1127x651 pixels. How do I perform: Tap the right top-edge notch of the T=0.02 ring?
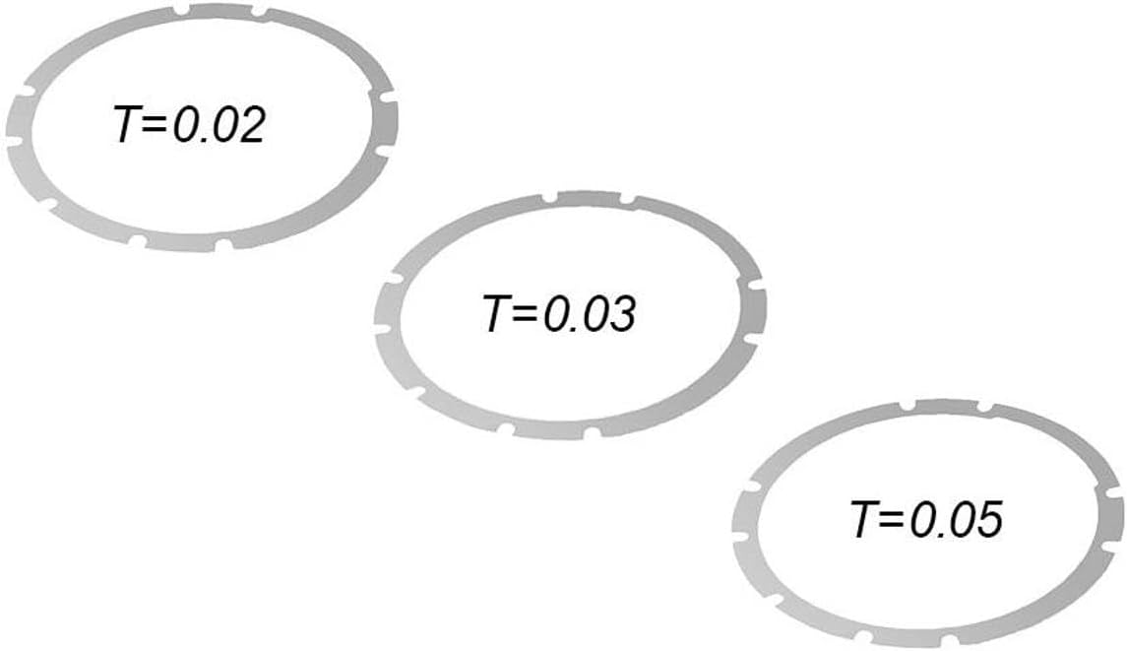[258, 13]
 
